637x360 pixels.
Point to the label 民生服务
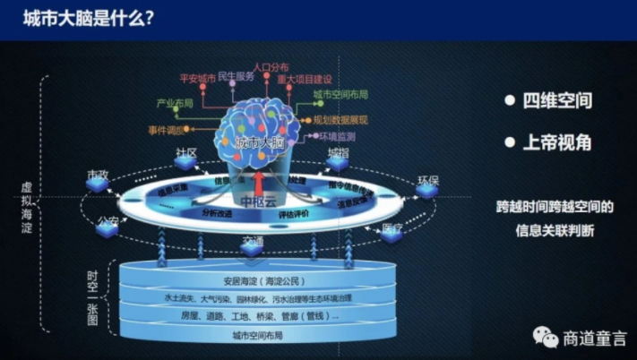tap(237, 78)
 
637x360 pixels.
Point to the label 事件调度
tap(166, 129)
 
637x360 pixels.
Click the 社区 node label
tap(186, 152)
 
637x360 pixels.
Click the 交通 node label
tap(253, 240)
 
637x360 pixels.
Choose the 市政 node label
tap(98, 172)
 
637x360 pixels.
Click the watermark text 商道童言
tap(592, 339)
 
